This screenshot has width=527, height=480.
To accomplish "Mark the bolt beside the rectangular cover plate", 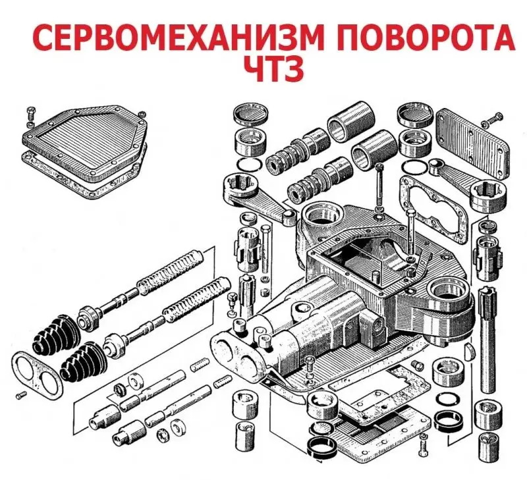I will point(495,122).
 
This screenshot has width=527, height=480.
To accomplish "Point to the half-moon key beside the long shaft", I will point(468,350).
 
